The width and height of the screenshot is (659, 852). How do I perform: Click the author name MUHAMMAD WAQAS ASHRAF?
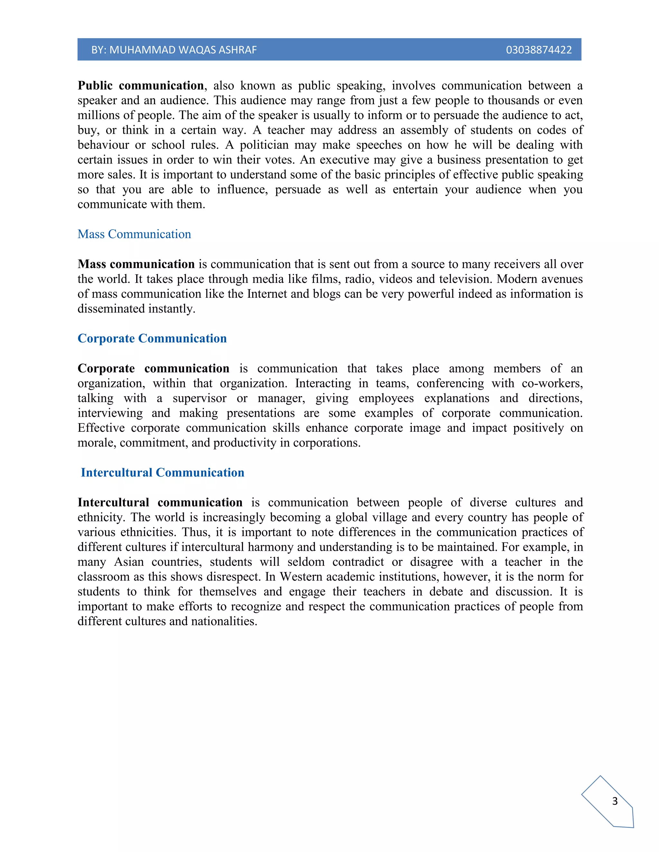click(183, 50)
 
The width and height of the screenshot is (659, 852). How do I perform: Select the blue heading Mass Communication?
click(134, 234)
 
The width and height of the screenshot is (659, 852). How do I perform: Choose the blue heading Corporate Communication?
click(152, 338)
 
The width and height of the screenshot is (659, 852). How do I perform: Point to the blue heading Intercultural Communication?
click(162, 472)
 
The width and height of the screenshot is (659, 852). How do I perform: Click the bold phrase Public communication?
click(141, 86)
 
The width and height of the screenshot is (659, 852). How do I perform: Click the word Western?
click(303, 577)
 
